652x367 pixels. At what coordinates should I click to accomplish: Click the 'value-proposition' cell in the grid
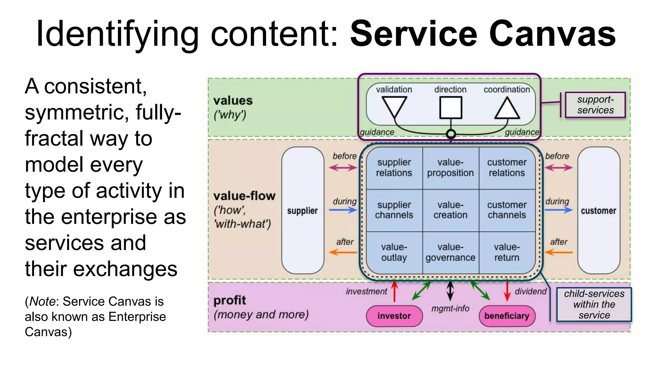450,168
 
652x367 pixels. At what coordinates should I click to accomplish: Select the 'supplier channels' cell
394,210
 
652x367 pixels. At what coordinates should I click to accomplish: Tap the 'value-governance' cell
450,252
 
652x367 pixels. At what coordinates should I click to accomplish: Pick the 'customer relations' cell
507,168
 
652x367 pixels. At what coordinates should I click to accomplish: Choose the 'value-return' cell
507,252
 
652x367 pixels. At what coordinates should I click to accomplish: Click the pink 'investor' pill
394,316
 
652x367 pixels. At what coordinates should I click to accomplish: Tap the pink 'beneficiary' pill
507,316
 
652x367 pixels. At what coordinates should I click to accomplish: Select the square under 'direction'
450,108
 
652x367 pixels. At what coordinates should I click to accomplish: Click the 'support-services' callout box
595,105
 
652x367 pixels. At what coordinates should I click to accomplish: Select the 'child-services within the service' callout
594,304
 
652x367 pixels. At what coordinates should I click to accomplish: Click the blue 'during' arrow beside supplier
343,210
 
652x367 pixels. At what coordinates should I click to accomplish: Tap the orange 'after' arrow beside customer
559,252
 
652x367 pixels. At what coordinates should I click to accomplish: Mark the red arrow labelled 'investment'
394,291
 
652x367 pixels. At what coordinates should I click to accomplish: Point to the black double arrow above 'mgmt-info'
450,291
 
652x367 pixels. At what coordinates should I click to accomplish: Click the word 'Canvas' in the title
552,33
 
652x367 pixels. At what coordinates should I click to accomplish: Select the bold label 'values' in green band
233,101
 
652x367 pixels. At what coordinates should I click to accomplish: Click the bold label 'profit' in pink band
230,300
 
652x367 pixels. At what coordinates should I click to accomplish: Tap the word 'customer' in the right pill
598,211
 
